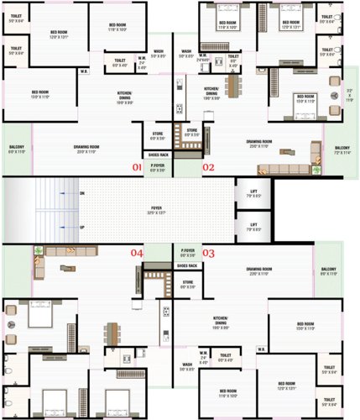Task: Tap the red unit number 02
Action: (x=209, y=167)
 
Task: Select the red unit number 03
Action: (x=209, y=252)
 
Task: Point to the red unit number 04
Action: (x=137, y=252)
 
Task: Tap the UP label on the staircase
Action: (x=81, y=227)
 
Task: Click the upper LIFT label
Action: (x=253, y=193)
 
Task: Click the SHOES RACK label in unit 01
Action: (x=158, y=155)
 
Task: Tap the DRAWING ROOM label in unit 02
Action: (x=262, y=143)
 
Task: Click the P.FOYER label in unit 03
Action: (x=188, y=251)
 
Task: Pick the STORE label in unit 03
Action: (x=188, y=282)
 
